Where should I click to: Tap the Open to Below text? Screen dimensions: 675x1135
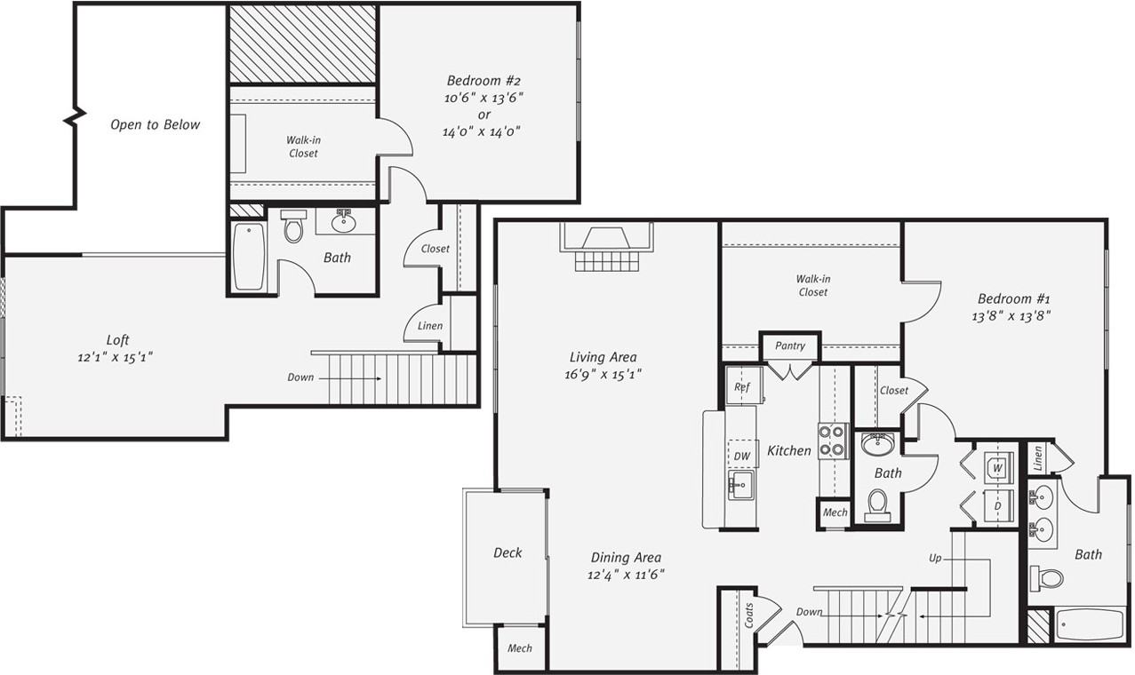tap(156, 124)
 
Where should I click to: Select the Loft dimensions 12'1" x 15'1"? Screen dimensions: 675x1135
tap(118, 357)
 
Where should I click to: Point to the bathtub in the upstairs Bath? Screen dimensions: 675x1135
tap(249, 256)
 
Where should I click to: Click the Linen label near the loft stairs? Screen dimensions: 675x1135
tap(430, 326)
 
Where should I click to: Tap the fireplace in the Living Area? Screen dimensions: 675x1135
tap(607, 248)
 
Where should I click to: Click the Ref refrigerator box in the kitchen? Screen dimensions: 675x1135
tap(740, 387)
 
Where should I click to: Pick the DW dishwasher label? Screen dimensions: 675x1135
tap(742, 457)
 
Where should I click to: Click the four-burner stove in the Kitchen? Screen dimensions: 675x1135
tap(833, 441)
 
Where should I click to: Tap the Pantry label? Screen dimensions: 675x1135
tap(789, 345)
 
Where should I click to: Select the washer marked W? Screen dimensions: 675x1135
tap(998, 466)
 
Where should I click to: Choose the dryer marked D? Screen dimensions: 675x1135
tap(998, 505)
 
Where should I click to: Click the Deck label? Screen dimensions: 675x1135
tap(508, 552)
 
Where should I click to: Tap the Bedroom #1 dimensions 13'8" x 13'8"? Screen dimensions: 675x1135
tap(1014, 315)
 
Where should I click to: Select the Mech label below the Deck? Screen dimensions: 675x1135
tap(520, 648)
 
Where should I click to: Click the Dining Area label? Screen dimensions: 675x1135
tap(626, 558)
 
